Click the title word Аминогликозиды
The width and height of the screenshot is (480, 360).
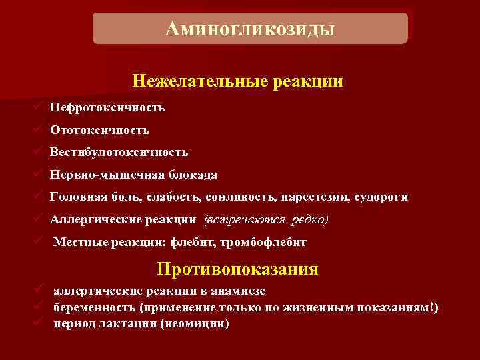[x=249, y=29]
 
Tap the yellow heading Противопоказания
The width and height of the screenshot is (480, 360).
[x=238, y=269]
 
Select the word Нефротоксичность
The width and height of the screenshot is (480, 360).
[x=107, y=107]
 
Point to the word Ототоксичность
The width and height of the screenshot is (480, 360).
[x=99, y=130]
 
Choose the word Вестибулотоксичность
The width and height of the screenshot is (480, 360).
[x=118, y=153]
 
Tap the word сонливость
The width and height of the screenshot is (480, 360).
[x=249, y=197]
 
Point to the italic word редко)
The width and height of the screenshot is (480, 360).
[x=309, y=219]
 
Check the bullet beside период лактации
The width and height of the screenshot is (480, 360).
[x=39, y=323]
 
